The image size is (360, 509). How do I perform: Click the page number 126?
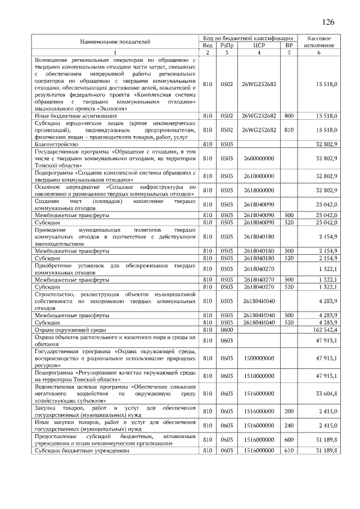[x=328, y=22]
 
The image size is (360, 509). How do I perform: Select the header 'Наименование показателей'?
[x=115, y=41]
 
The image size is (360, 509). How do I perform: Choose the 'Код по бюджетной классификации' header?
[x=248, y=37]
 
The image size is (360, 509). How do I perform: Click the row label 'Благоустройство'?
[x=56, y=145]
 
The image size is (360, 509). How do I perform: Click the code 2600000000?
[x=259, y=159]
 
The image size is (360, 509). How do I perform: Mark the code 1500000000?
[x=259, y=357]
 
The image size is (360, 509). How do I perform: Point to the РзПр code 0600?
[x=227, y=330]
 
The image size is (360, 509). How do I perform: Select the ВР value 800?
[x=289, y=115]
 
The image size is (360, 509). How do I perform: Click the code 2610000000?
[x=259, y=176]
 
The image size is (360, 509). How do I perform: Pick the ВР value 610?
[x=289, y=451]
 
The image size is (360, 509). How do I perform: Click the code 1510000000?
[x=259, y=375]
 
